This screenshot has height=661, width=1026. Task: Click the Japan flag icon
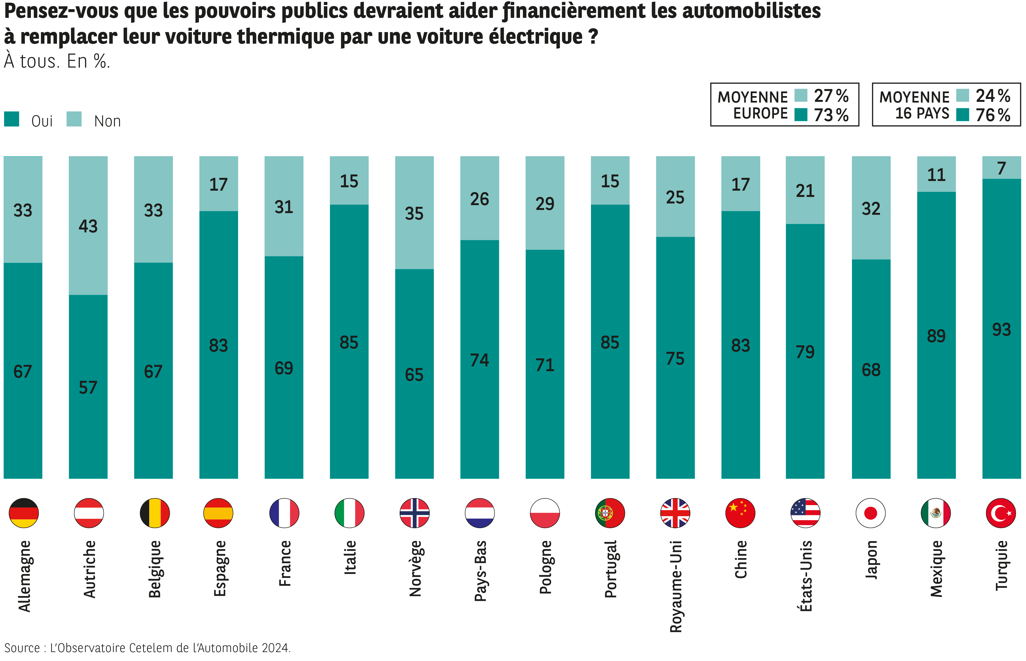coord(871,513)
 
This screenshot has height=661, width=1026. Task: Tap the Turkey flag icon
coord(1001,513)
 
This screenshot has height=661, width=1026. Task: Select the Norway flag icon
coord(414,513)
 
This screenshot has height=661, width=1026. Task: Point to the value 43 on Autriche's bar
coord(88,226)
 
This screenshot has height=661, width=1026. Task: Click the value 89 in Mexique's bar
coord(936,336)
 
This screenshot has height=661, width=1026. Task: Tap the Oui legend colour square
coord(12,119)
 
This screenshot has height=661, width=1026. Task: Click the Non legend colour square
coord(74,119)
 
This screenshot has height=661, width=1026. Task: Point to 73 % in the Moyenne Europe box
coord(831,115)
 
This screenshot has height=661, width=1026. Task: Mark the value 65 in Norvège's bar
coord(414,375)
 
